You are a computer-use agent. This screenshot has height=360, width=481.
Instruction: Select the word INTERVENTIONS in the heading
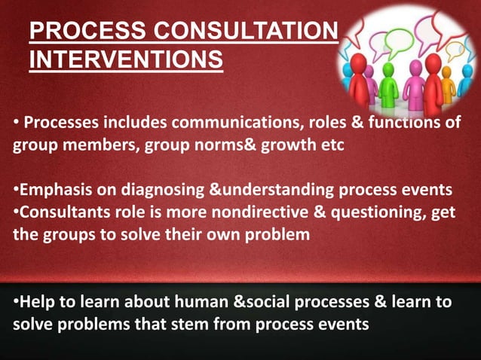coord(126,59)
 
